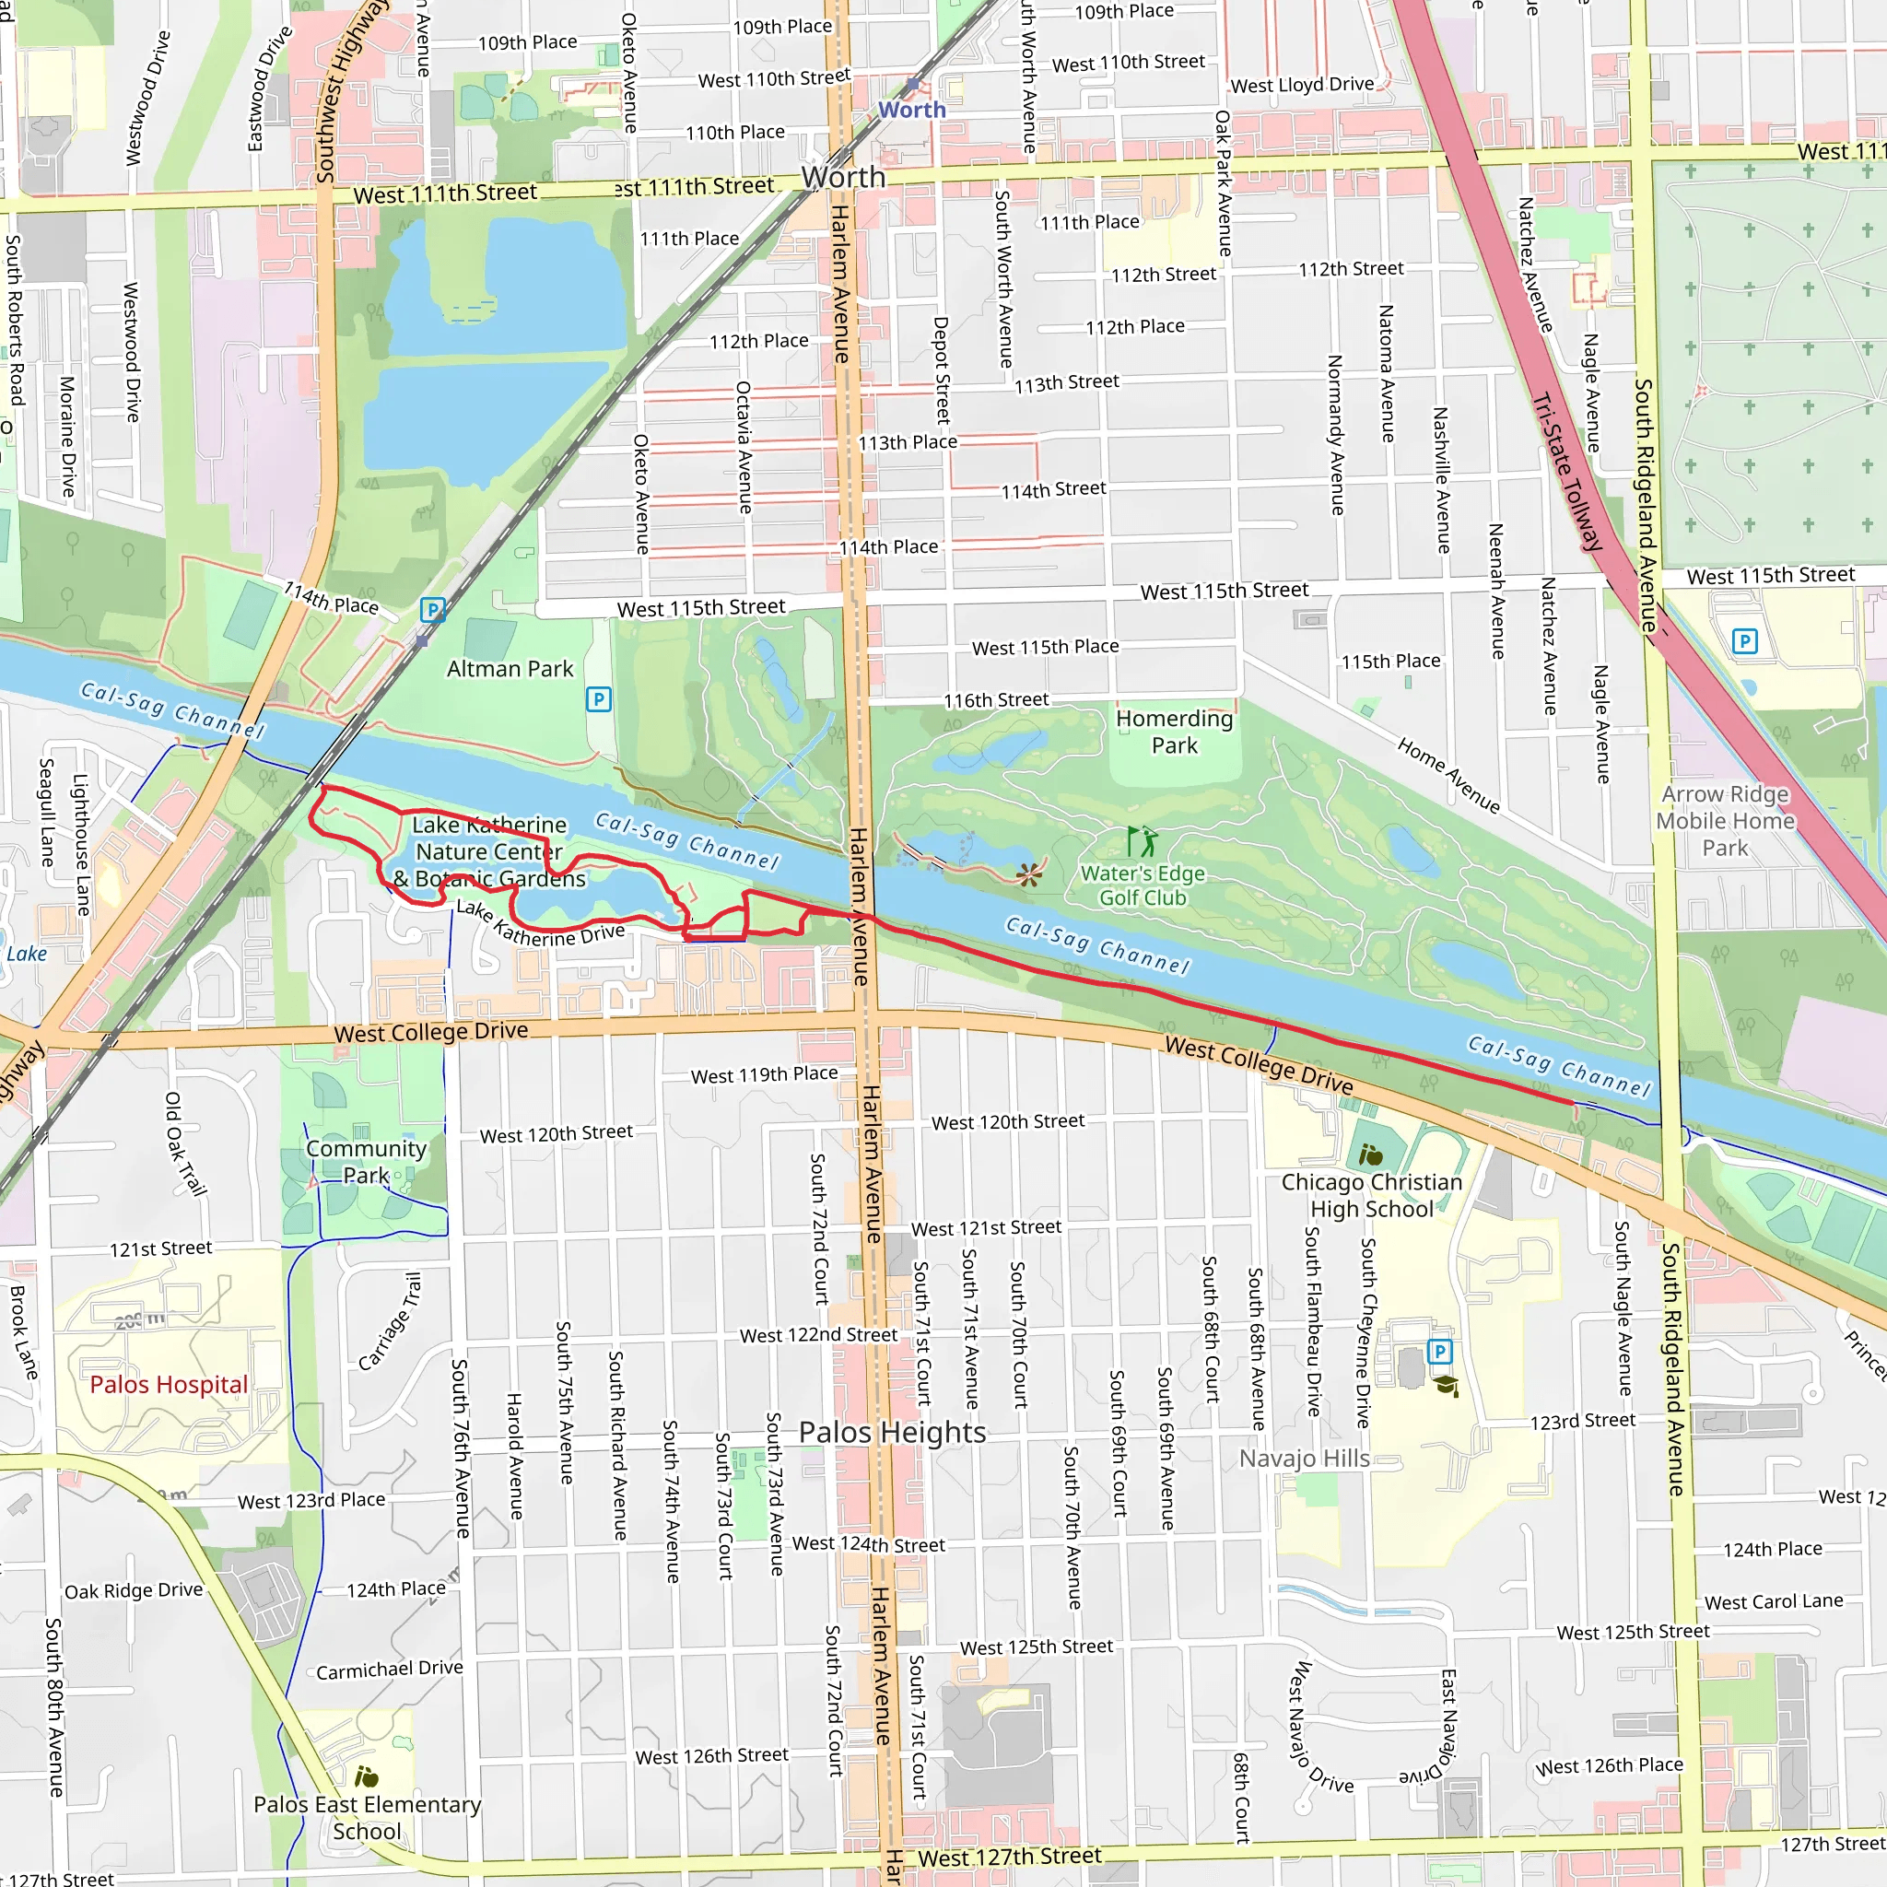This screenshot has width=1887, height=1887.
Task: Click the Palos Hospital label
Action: pos(168,1384)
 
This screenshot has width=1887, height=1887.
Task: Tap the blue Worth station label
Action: pos(911,110)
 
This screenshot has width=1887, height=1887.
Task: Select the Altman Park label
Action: pos(510,669)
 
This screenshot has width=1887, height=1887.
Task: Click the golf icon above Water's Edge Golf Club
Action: pos(1141,841)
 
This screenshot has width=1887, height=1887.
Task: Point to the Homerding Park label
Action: pos(1174,732)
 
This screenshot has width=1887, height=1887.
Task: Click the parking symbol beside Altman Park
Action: pos(599,699)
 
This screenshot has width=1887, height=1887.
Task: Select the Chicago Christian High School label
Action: pos(1371,1195)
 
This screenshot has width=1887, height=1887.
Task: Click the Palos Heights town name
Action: pos(892,1432)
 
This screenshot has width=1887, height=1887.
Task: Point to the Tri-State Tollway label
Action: pos(1566,472)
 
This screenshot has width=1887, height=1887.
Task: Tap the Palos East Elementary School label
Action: pos(367,1818)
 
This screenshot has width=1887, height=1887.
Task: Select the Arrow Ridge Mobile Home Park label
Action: pos(1725,820)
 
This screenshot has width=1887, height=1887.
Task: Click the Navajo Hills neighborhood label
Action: pos(1304,1459)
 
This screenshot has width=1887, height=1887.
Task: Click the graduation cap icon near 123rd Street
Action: pos(1446,1386)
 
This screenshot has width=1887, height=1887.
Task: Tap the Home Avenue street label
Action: pos(1447,776)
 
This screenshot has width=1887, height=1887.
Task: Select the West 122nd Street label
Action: pos(817,1335)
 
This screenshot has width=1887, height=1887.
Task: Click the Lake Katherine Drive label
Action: pos(540,924)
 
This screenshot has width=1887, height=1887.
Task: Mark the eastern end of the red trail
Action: pos(1574,1103)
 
